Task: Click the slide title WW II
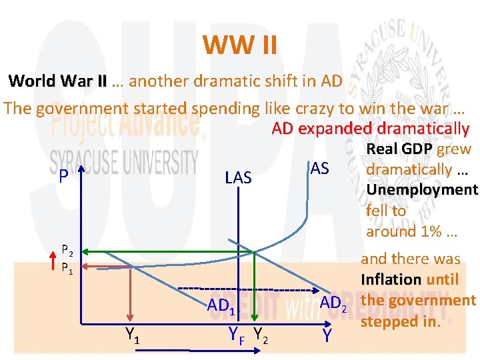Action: [x=239, y=46]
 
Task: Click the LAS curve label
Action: [x=238, y=177]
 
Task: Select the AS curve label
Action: [x=319, y=169]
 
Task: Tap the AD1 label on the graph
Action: [x=221, y=307]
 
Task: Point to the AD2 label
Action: [x=333, y=304]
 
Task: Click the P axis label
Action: [x=63, y=176]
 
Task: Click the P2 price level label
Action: [x=67, y=251]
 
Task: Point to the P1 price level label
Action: [x=67, y=268]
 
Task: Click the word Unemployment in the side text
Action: [x=422, y=190]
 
